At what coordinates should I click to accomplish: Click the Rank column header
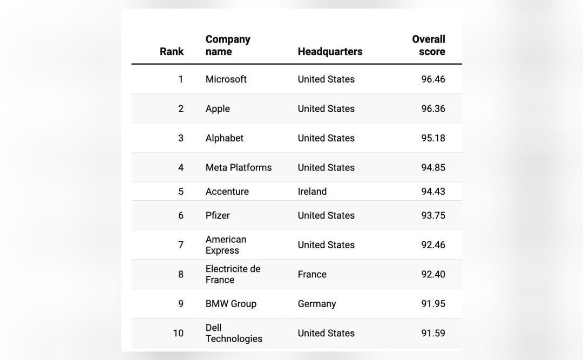(172, 51)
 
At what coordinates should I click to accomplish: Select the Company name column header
(228, 45)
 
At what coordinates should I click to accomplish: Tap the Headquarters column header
(330, 51)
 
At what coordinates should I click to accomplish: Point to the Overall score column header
(428, 45)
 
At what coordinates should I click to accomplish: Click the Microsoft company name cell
(226, 79)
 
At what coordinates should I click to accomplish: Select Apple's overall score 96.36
(433, 108)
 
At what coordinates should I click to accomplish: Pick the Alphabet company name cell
(225, 138)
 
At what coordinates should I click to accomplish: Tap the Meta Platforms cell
(239, 167)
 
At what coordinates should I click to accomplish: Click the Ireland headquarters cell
(313, 192)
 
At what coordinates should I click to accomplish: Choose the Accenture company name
(227, 192)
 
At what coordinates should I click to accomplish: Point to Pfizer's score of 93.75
(433, 215)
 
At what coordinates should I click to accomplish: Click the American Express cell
(226, 244)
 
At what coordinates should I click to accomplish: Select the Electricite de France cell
(233, 274)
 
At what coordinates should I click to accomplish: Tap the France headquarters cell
(313, 275)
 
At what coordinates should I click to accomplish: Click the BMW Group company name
(231, 304)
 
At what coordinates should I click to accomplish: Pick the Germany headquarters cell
(317, 304)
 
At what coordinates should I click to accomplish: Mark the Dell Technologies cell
(234, 333)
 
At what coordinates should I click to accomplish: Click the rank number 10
(178, 333)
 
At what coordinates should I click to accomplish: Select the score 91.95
(433, 304)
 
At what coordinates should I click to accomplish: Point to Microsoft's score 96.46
(433, 79)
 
